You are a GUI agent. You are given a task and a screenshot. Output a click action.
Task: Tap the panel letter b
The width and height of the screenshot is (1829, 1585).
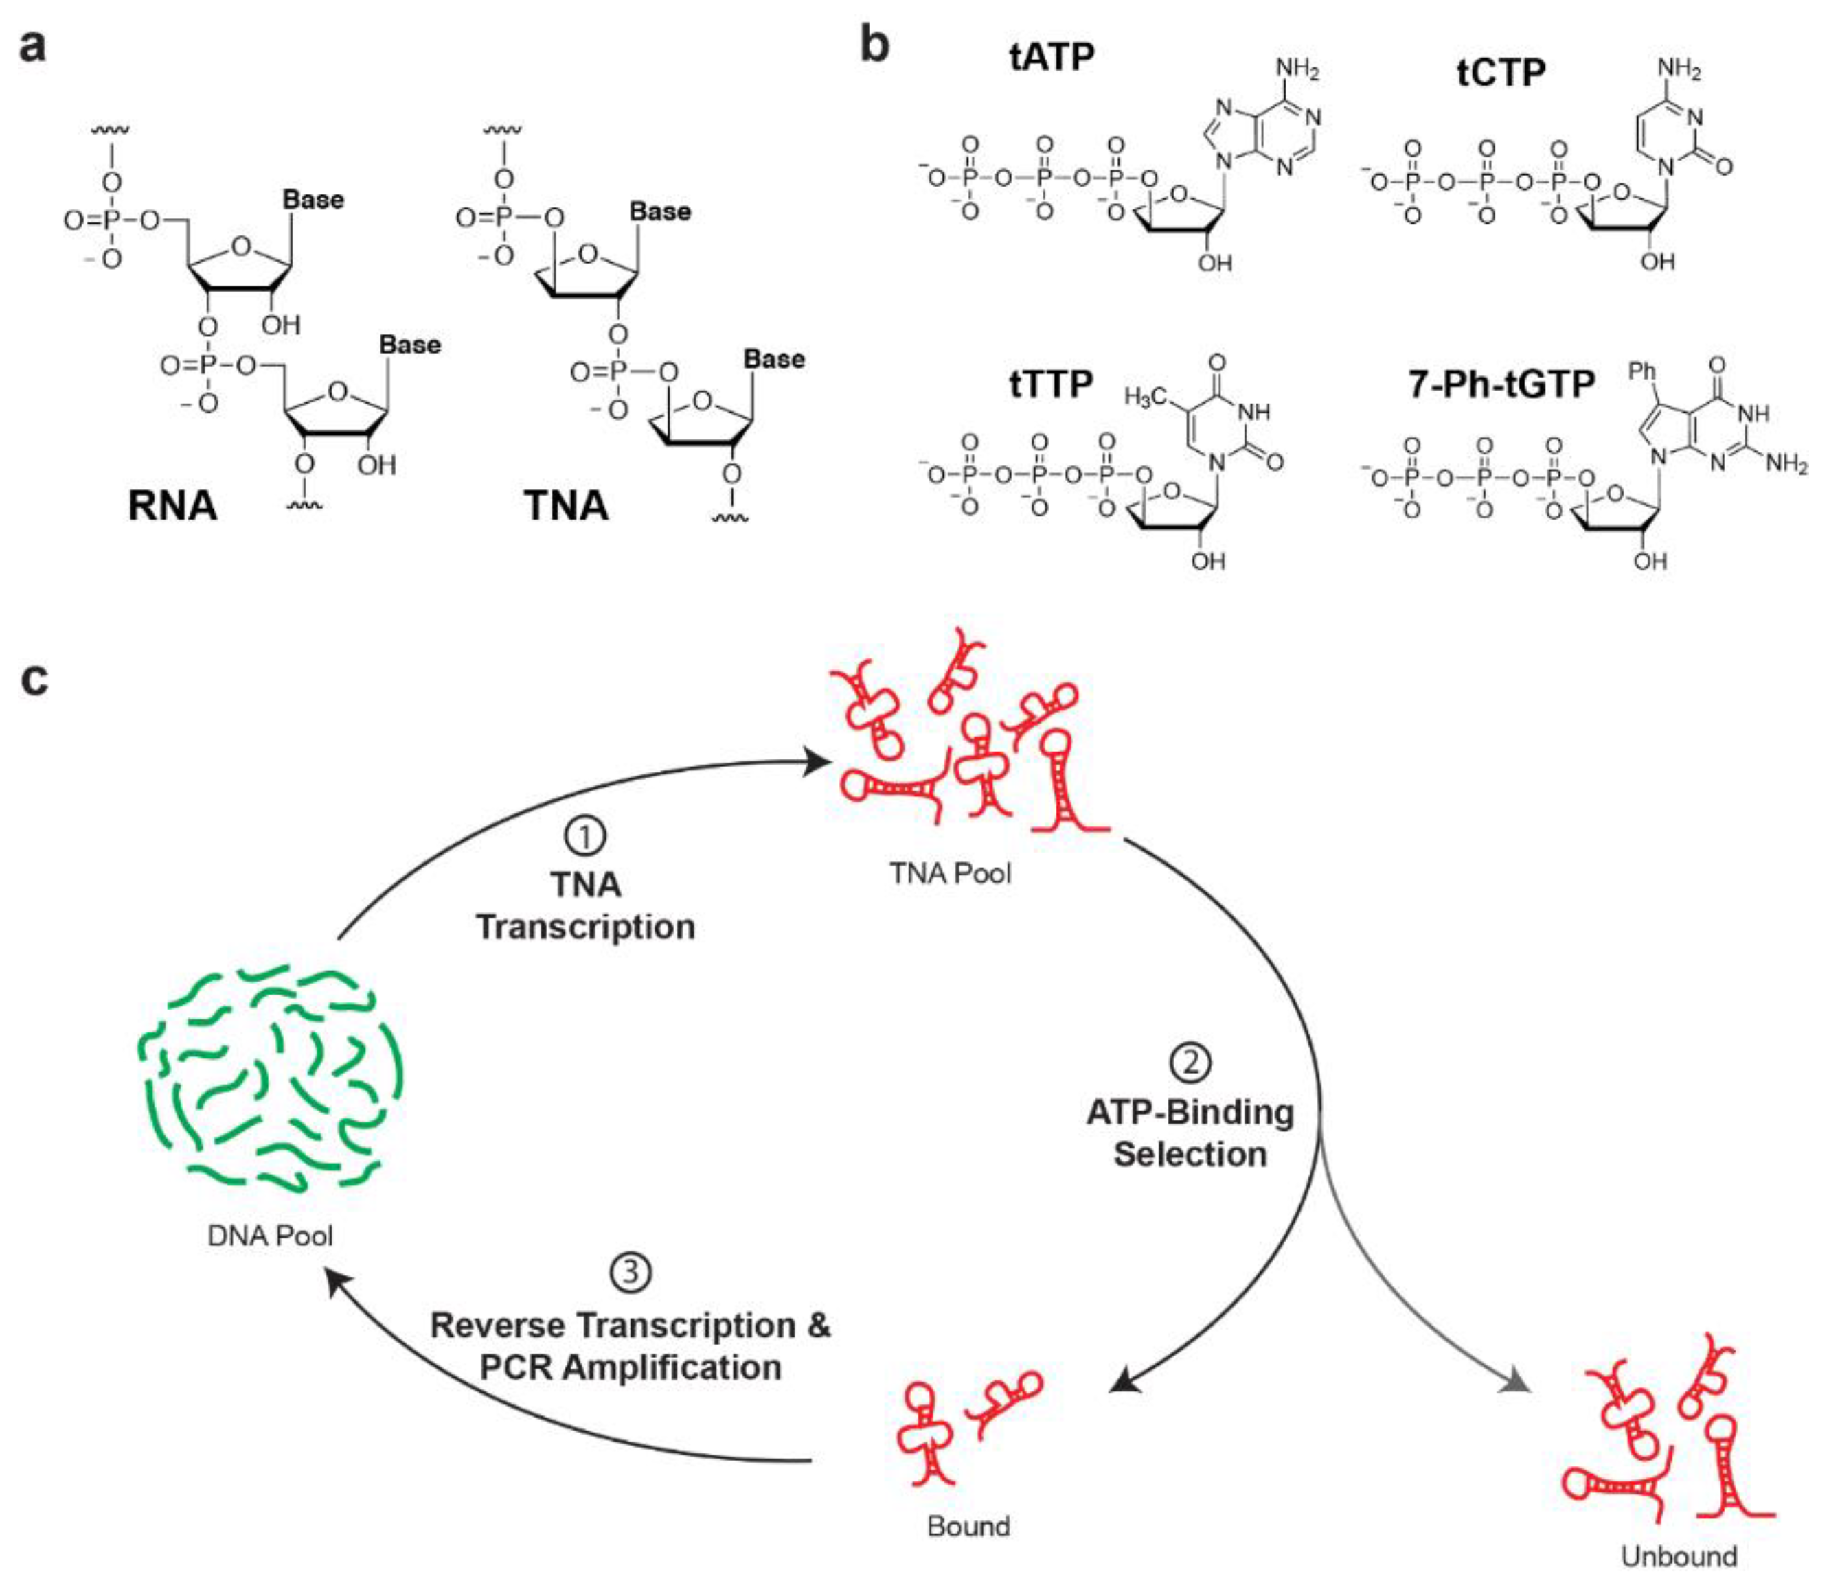pyautogui.click(x=874, y=44)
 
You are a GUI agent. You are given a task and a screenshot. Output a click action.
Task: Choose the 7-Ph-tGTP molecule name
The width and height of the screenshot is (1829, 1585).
pyautogui.click(x=1501, y=384)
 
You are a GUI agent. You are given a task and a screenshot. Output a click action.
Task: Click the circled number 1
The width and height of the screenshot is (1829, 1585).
pyautogui.click(x=585, y=837)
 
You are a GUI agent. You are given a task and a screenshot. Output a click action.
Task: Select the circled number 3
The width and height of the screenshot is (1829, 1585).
pyautogui.click(x=630, y=1273)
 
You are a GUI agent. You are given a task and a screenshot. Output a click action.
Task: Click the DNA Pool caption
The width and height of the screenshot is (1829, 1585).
pyautogui.click(x=270, y=1236)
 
